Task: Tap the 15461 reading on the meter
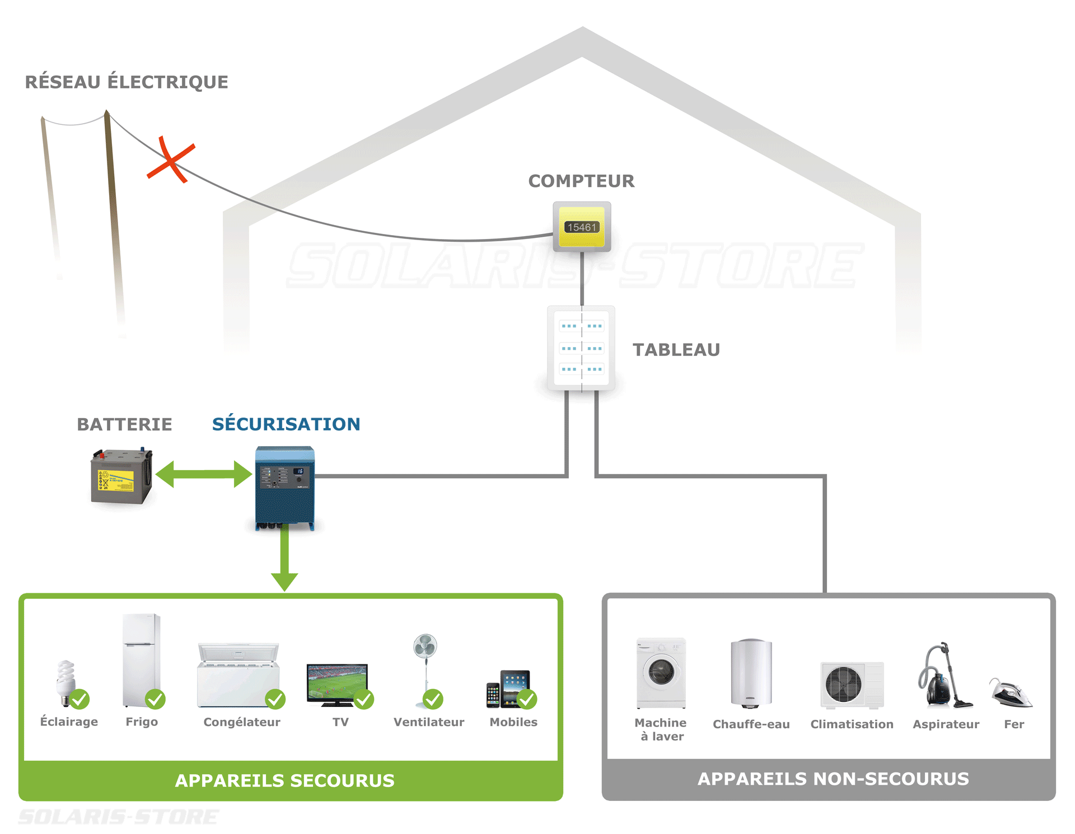[x=582, y=227]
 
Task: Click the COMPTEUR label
[x=581, y=181]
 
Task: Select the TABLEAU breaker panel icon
[x=581, y=348]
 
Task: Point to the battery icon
[x=121, y=477]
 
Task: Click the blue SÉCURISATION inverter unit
[x=285, y=487]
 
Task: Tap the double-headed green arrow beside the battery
[x=204, y=474]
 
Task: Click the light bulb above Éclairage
[x=66, y=680]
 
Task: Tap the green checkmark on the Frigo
[x=155, y=699]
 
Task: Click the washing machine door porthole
[x=661, y=672]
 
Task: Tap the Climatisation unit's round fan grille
[x=843, y=684]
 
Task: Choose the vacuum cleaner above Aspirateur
[x=943, y=677]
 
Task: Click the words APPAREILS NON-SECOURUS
[x=833, y=779]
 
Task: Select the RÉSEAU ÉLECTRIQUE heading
[x=127, y=82]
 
